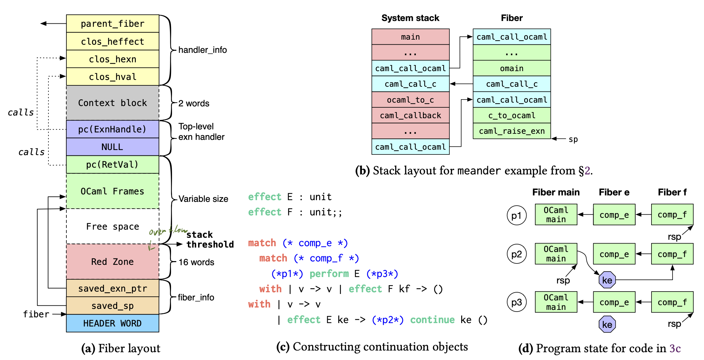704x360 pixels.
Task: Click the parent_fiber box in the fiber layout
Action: pyautogui.click(x=112, y=24)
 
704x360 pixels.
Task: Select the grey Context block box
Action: pyautogui.click(x=112, y=103)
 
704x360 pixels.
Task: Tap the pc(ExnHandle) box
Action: pyautogui.click(x=112, y=129)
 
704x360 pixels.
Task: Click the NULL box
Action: pyautogui.click(x=112, y=147)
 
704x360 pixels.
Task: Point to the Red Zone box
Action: pyautogui.click(x=112, y=261)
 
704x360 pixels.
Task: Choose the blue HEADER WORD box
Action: pyautogui.click(x=112, y=323)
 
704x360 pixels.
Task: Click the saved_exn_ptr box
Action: pyautogui.click(x=112, y=288)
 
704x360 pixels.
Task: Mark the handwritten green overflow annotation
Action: pyautogui.click(x=167, y=237)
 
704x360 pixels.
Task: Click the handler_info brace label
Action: pyautogui.click(x=202, y=50)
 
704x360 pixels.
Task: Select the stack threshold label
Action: pyautogui.click(x=210, y=239)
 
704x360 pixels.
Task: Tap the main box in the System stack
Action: pyautogui.click(x=410, y=37)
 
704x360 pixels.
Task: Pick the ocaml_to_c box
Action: pyautogui.click(x=410, y=100)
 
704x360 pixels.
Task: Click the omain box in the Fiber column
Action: pyautogui.click(x=512, y=68)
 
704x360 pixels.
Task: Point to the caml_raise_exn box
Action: pyautogui.click(x=512, y=131)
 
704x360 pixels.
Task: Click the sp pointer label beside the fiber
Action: pyautogui.click(x=573, y=139)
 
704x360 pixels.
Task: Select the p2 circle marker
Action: pyautogui.click(x=516, y=254)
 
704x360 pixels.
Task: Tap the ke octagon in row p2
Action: pyautogui.click(x=607, y=280)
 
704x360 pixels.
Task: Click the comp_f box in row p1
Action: pyautogui.click(x=672, y=214)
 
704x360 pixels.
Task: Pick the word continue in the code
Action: pyautogui.click(x=432, y=320)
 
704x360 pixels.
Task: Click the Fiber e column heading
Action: pyautogui.click(x=614, y=192)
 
